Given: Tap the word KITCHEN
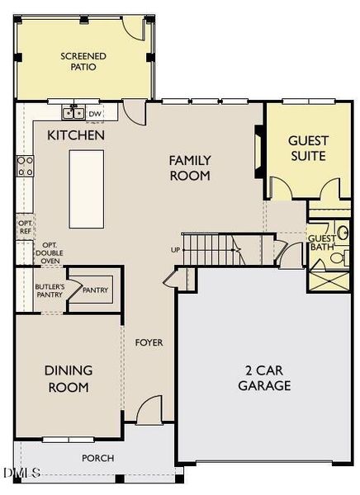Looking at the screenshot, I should click(76, 134).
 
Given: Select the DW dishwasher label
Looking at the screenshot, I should click(96, 114).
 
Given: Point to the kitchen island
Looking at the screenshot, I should click(87, 188).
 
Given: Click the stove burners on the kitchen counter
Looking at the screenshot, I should click(26, 167).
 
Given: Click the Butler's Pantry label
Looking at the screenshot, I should click(50, 290).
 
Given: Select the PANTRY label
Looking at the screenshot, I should click(95, 290).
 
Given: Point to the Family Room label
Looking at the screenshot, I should click(190, 167).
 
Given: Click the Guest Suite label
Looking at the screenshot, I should click(306, 148).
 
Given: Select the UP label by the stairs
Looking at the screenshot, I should click(174, 250).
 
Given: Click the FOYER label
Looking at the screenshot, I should click(149, 342).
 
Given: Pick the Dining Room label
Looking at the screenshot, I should click(68, 379).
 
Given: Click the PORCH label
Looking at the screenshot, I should click(97, 458).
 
